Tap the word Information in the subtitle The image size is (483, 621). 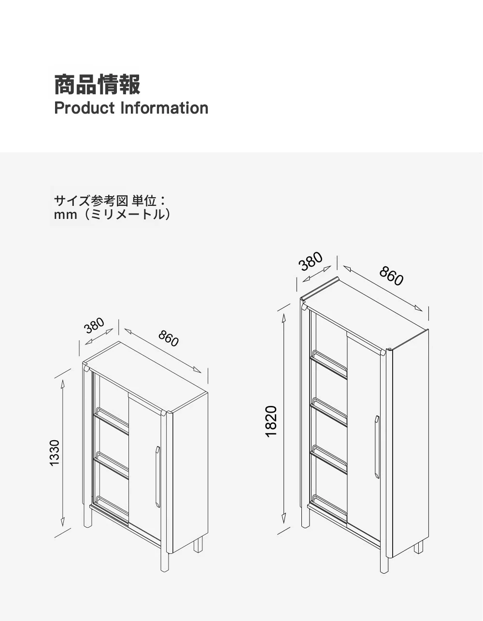(x=164, y=108)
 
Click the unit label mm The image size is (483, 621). (x=65, y=215)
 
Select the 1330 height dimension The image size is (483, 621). (x=54, y=453)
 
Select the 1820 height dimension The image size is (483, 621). (x=271, y=421)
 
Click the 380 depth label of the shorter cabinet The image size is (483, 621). (x=94, y=326)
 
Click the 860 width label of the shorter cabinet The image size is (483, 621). (x=169, y=338)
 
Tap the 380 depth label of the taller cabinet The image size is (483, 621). (x=311, y=261)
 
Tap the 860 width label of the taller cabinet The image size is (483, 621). (x=391, y=275)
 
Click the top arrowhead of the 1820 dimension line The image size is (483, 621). (x=284, y=318)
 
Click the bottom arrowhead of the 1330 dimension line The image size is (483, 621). (x=63, y=521)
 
